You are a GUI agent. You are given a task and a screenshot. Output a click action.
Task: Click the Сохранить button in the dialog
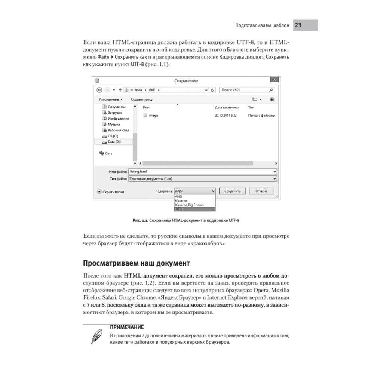click(x=232, y=191)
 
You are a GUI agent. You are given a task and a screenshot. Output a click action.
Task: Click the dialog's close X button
click(x=274, y=80)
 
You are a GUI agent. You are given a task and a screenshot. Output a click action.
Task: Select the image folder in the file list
click(x=153, y=116)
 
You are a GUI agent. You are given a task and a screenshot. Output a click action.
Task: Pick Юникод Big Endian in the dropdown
click(x=188, y=205)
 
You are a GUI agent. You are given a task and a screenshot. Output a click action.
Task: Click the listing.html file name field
click(x=202, y=171)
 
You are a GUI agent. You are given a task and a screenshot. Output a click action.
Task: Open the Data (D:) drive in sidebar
click(x=114, y=142)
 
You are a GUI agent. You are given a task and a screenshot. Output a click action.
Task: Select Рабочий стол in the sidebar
click(x=118, y=130)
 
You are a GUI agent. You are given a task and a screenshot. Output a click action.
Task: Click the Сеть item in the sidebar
click(x=108, y=153)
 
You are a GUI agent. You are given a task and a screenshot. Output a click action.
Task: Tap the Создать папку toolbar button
click(x=142, y=99)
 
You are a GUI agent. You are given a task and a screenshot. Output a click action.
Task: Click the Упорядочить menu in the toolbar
click(x=110, y=99)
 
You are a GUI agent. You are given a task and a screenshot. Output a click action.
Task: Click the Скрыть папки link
click(x=113, y=192)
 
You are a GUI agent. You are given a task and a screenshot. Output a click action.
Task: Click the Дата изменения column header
click(x=227, y=107)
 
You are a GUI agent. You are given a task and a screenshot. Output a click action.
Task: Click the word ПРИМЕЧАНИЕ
click(x=127, y=327)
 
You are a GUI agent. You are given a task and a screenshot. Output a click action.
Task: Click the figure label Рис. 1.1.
click(x=140, y=221)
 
